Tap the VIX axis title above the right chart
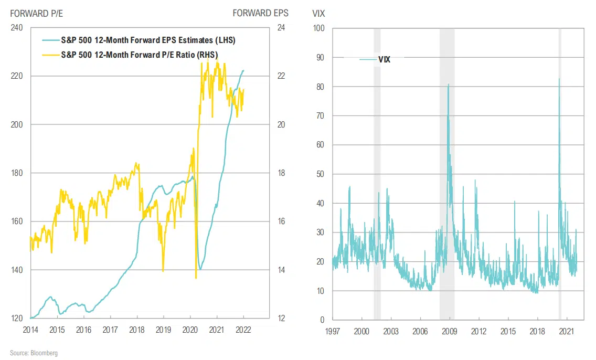(x=319, y=13)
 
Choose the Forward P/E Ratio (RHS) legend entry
(x=139, y=54)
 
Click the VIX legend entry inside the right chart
(x=384, y=59)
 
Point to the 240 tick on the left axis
(x=17, y=28)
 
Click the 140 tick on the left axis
(x=17, y=270)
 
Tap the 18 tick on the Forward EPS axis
(x=281, y=173)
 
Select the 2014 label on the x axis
(x=30, y=330)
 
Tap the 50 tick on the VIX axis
(x=320, y=174)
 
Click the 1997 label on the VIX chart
(x=332, y=331)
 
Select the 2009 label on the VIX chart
(x=449, y=331)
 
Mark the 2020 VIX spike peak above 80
(x=559, y=79)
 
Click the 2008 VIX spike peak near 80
(x=448, y=84)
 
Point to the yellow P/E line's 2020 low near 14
(x=196, y=278)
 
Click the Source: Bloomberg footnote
(x=34, y=353)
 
